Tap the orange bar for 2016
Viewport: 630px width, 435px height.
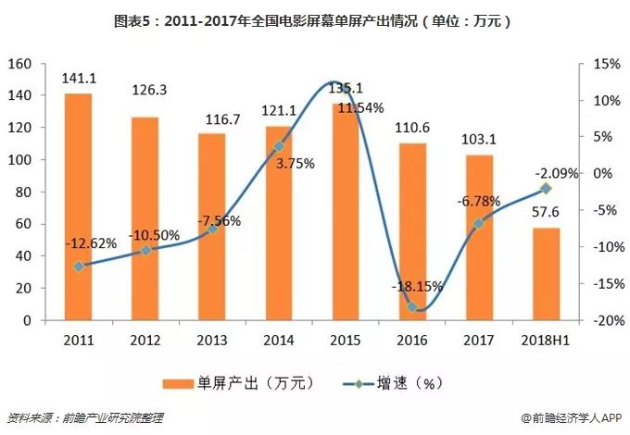(x=412, y=231)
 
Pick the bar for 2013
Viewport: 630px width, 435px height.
(x=212, y=227)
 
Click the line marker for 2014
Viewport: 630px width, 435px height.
(x=279, y=146)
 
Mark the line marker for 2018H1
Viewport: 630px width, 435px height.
(x=546, y=188)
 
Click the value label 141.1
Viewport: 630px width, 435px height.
(x=79, y=80)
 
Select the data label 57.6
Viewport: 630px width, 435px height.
(x=546, y=214)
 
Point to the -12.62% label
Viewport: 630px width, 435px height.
(x=91, y=243)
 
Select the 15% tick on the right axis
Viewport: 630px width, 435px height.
(x=592, y=64)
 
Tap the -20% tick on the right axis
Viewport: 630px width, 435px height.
(x=592, y=320)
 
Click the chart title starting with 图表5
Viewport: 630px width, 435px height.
(x=315, y=19)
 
